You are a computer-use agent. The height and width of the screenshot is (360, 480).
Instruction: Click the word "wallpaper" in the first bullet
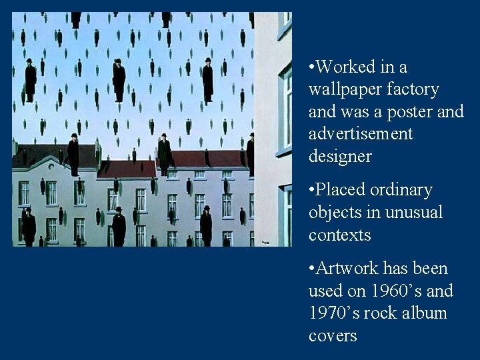click(x=340, y=89)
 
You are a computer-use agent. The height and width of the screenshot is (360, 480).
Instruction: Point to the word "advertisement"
click(x=361, y=134)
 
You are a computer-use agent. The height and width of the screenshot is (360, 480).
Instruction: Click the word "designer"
click(x=340, y=157)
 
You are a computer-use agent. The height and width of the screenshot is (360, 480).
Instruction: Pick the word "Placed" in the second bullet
click(x=339, y=190)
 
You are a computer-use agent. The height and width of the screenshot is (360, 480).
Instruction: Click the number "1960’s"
click(x=393, y=291)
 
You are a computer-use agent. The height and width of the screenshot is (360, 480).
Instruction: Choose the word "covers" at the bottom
click(x=333, y=336)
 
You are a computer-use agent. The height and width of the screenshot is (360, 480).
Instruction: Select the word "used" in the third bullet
click(x=325, y=291)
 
